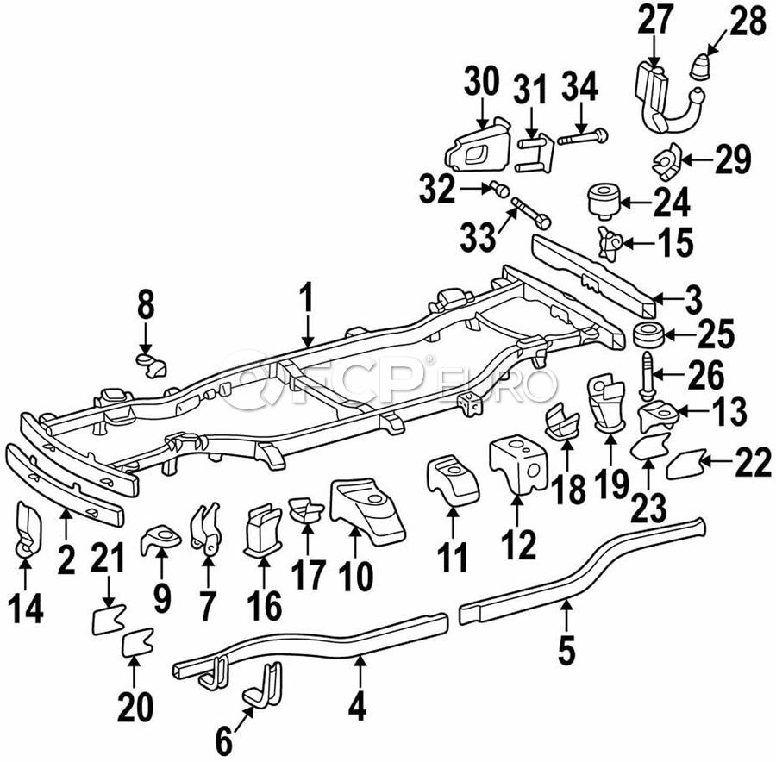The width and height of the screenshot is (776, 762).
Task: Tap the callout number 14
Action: click(x=26, y=609)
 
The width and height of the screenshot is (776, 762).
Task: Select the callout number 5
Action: click(x=566, y=649)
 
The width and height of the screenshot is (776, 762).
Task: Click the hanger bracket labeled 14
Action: click(x=24, y=528)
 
